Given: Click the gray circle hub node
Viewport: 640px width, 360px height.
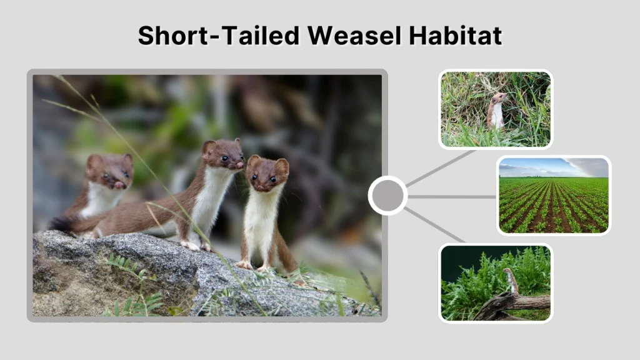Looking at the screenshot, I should pos(387,196).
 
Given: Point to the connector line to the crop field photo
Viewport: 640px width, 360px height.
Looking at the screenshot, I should pos(452,196).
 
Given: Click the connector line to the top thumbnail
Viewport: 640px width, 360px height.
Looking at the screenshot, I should pos(440,168).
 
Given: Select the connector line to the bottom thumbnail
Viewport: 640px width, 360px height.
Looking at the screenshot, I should pos(435,225).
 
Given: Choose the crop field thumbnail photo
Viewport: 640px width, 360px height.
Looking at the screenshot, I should pos(554,195).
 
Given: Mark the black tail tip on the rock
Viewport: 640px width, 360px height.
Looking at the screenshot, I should pos(61,224).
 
